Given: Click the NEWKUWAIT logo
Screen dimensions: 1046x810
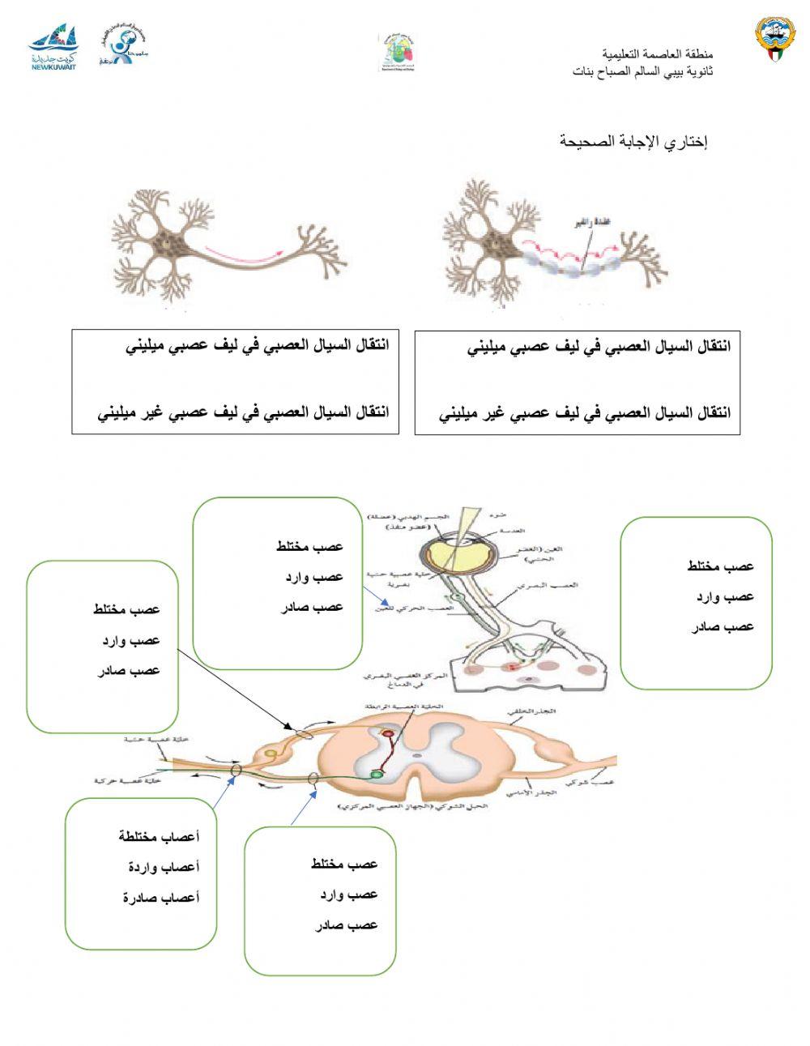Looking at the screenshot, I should click(x=53, y=49).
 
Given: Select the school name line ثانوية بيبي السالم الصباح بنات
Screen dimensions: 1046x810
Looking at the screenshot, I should click(x=642, y=71).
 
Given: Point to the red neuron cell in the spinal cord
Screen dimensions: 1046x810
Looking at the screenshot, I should click(x=388, y=734).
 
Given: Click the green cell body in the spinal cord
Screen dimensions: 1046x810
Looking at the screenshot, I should click(x=377, y=775).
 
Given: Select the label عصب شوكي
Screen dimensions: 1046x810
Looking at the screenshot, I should click(x=600, y=783).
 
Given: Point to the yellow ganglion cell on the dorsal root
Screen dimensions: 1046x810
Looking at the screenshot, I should click(x=271, y=754).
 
